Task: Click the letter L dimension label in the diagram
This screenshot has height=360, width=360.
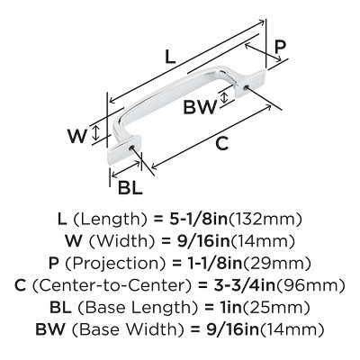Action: (170, 57)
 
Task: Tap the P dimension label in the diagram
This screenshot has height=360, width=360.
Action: (281, 47)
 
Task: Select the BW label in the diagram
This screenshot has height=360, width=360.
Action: (200, 107)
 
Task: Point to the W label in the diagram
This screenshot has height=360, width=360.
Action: (77, 136)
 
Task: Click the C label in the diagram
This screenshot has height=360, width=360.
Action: (222, 143)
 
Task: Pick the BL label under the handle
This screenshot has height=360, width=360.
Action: (130, 188)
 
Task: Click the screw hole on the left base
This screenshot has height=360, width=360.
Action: (131, 148)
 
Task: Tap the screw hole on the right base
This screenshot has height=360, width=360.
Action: (246, 87)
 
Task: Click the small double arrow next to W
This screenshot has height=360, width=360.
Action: (95, 133)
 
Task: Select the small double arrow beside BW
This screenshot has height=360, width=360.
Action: (224, 98)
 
